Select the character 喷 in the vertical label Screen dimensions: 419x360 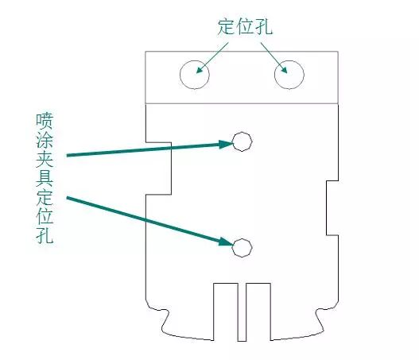point(45,121)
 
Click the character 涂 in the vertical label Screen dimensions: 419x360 point(45,140)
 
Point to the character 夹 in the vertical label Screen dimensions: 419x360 point(45,159)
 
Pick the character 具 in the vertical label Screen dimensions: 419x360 point(45,178)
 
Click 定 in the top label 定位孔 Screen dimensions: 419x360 point(227,26)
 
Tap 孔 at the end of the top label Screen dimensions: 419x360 point(264,26)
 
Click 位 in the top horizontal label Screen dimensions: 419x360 point(246,26)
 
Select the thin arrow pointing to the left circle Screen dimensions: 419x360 point(212,58)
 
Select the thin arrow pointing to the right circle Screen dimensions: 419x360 point(274,58)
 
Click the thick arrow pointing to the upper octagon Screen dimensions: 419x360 point(149,149)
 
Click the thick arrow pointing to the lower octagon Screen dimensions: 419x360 point(149,221)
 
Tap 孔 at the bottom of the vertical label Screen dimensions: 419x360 point(45,235)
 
